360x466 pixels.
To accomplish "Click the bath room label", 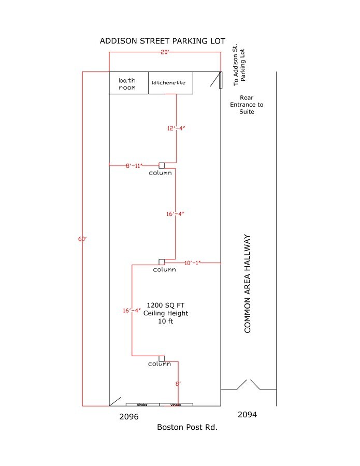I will (127, 84).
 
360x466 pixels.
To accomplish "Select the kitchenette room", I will (168, 83).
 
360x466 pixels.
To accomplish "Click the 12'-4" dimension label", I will (176, 128).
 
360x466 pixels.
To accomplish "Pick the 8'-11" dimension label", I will (134, 166).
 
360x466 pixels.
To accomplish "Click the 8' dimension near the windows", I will (178, 384).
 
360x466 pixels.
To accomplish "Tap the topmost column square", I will (162, 165).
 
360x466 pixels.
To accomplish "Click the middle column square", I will (162, 262).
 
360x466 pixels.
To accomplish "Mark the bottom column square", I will (162, 358).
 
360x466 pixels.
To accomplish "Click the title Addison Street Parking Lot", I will (162, 41).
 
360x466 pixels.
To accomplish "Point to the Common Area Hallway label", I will (247, 284).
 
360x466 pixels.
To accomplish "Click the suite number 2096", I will (129, 416).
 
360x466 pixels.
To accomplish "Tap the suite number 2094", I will (247, 415).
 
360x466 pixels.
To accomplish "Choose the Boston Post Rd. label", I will (187, 427).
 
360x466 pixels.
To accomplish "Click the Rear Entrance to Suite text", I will (247, 105).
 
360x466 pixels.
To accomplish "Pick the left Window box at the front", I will (142, 404).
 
